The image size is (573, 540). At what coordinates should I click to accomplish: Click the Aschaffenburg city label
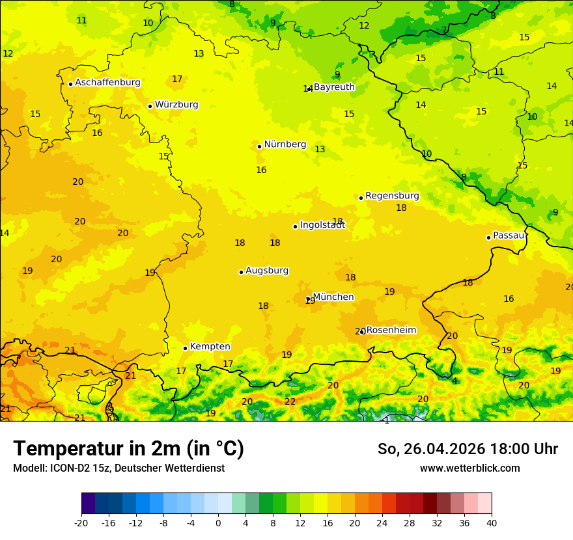pos(107,83)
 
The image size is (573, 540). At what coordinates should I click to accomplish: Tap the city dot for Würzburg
pos(150,106)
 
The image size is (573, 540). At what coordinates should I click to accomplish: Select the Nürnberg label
pos(285,144)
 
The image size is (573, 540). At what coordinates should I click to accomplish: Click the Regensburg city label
pos(392,196)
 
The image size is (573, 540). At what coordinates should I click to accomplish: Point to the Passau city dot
pos(488,237)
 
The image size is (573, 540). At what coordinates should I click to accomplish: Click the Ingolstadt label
pos(322,225)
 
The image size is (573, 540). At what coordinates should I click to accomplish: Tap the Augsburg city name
pos(267,271)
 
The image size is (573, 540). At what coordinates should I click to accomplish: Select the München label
pos(333,297)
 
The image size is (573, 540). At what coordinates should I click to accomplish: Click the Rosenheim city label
pos(391,331)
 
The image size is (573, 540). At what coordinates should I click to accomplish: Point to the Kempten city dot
pos(185,348)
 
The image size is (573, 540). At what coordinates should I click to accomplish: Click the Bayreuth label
pos(334,87)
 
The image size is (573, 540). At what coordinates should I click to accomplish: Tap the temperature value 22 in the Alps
pos(290,402)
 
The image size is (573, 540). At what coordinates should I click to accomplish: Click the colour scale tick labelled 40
pos(492,522)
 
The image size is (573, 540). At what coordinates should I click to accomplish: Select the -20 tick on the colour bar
pos(81,522)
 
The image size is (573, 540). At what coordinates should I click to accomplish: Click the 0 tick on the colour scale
pos(218,522)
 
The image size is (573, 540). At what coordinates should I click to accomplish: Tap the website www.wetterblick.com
pos(469,468)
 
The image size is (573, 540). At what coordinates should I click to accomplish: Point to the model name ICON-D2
pos(64,468)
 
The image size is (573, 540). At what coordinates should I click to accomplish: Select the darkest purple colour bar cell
pos(88,504)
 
